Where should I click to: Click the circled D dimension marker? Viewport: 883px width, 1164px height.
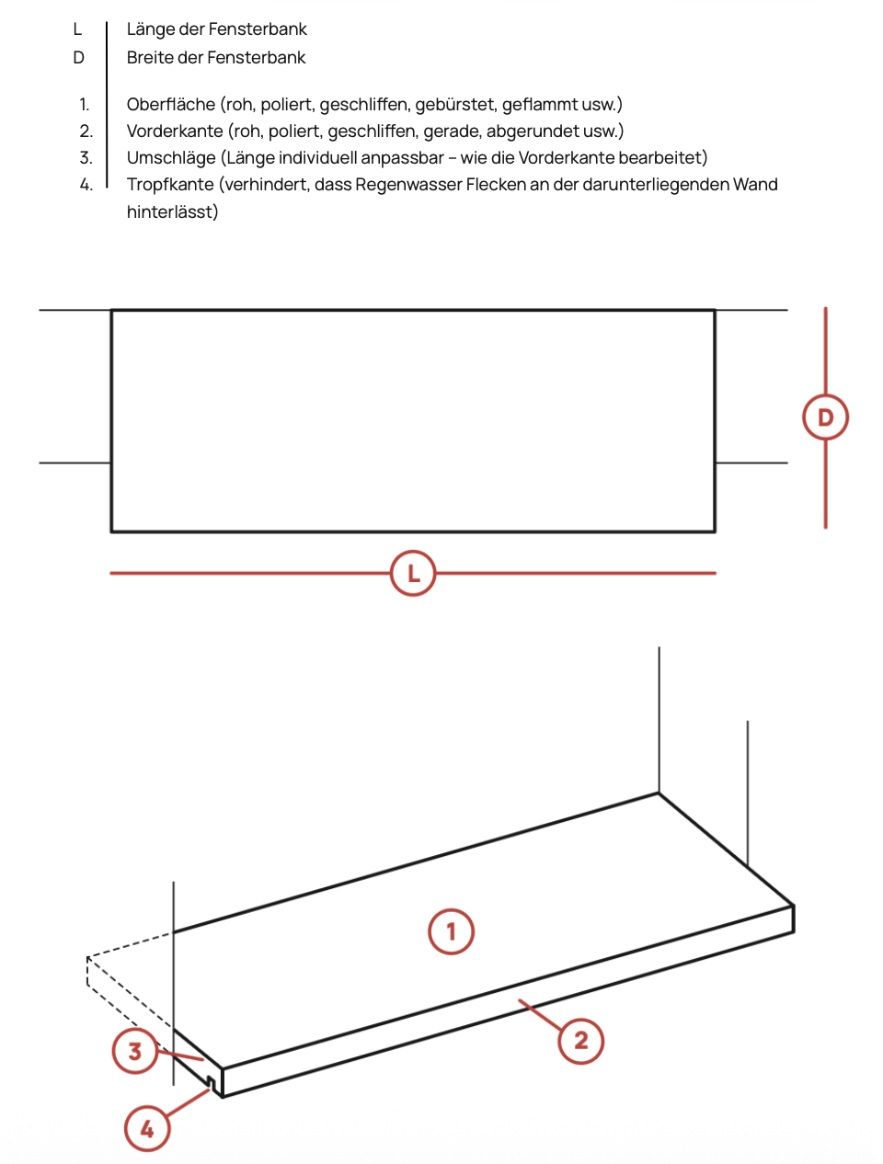coord(825,417)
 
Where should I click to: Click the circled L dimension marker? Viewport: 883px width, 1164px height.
coord(413,573)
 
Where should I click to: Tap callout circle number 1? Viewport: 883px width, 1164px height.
coord(451,931)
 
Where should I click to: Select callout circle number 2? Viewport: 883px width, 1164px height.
coord(580,1041)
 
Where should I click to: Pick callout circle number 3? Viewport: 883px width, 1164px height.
coord(135,1051)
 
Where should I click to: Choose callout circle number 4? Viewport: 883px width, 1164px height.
coord(147,1128)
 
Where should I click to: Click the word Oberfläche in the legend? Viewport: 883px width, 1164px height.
coord(171,105)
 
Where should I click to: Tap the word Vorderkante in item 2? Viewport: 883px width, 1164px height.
coord(175,131)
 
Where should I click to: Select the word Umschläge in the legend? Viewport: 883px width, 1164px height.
coord(171,158)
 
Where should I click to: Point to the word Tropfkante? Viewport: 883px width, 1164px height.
coord(170,185)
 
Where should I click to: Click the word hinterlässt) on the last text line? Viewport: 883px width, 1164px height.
coord(172,211)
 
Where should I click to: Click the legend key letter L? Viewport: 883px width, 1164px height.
coord(77,29)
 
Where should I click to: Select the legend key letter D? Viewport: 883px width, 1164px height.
coord(78,57)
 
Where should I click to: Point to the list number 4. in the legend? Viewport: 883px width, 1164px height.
coord(86,185)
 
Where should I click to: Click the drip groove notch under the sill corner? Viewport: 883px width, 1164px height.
coord(211,1083)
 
